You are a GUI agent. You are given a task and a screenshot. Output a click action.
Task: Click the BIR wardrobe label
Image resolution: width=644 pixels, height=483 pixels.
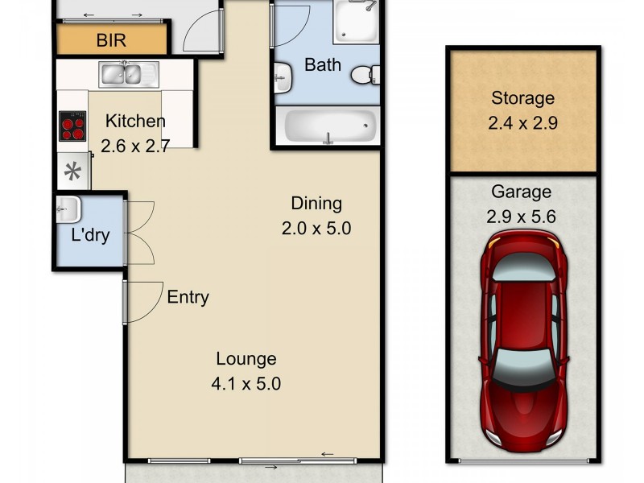[112, 39]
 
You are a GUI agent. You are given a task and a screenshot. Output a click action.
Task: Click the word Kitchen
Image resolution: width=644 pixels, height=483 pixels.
[136, 122]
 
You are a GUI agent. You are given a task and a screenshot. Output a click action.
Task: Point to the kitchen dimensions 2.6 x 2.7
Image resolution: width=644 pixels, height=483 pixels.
[134, 147]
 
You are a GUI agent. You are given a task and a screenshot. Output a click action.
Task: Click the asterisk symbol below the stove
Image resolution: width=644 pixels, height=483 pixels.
[73, 171]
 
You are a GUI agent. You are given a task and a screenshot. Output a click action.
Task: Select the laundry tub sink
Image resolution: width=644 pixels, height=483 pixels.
[68, 210]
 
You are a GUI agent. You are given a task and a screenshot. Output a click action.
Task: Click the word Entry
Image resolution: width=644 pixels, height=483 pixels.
[188, 297]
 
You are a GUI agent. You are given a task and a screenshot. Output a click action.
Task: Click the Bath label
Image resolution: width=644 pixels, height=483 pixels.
[322, 64]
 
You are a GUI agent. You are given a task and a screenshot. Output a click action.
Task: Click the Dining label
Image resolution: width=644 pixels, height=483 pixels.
[316, 204]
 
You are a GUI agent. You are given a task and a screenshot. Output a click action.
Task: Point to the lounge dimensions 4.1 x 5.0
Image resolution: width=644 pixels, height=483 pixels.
[246, 384]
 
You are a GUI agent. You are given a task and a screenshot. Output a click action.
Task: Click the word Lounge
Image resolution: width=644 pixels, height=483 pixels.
[246, 359]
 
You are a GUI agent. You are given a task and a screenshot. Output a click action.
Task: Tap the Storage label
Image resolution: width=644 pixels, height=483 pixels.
[523, 98]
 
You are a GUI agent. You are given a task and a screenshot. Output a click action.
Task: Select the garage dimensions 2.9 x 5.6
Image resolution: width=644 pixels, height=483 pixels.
[522, 217]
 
